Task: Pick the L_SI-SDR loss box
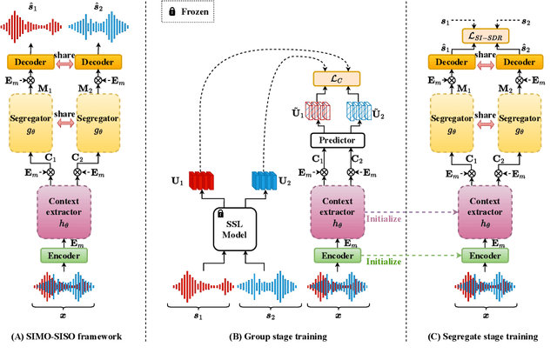pos(487,34)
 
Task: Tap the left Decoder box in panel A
pos(29,62)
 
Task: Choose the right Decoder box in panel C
pos(520,62)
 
